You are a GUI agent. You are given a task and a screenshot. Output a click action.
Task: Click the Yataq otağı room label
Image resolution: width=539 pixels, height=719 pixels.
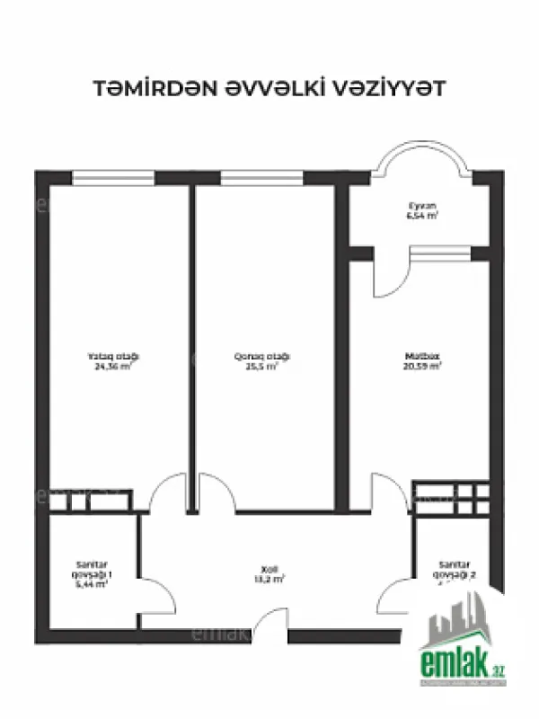pyautogui.click(x=117, y=357)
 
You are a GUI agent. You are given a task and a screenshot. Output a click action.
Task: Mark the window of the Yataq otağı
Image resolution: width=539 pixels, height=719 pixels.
pyautogui.click(x=113, y=178)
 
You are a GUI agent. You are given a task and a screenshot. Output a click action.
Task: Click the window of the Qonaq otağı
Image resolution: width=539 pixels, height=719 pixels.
pyautogui.click(x=261, y=178)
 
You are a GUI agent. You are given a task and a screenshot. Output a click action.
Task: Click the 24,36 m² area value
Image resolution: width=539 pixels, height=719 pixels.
pyautogui.click(x=117, y=367)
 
